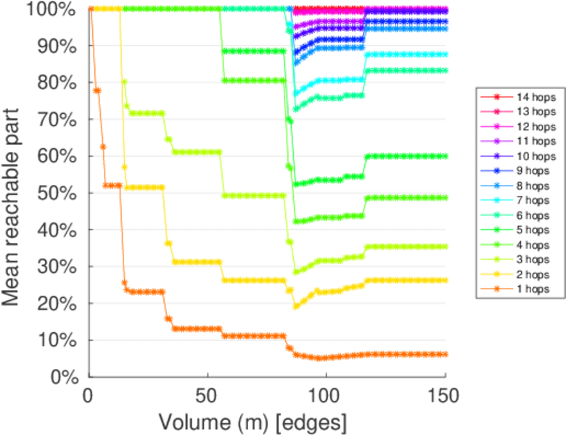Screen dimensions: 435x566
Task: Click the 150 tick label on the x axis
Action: click(445, 395)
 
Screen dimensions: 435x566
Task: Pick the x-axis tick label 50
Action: click(208, 395)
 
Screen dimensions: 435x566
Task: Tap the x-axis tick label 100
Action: click(326, 395)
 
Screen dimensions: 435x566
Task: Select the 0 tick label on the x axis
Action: click(89, 395)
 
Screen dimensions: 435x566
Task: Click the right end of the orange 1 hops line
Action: click(445, 355)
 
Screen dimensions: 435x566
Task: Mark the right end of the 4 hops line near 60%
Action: click(445, 156)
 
